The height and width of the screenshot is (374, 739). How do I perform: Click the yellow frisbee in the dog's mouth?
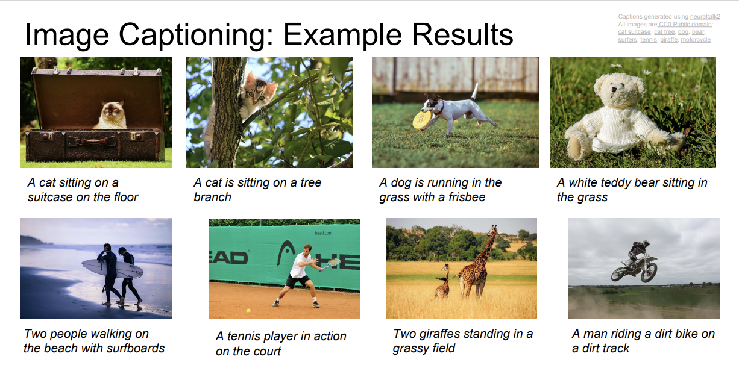[x=421, y=120]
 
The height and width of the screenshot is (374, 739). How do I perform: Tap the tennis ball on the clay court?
[x=248, y=310]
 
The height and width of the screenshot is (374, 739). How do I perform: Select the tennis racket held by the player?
[x=332, y=263]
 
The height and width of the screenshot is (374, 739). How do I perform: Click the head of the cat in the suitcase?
[x=113, y=110]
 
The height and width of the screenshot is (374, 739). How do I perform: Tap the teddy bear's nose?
[x=613, y=89]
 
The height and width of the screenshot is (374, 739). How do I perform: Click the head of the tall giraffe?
[x=493, y=229]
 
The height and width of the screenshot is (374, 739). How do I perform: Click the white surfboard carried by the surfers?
[x=113, y=269]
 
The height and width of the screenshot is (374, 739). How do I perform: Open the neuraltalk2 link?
[x=705, y=16]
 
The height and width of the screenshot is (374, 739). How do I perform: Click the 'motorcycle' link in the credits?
[x=696, y=40]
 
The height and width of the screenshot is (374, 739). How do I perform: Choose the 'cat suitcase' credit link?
[x=634, y=32]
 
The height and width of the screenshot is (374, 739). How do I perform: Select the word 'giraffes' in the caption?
[x=442, y=334]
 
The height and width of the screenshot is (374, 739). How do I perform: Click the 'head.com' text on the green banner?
[x=323, y=233]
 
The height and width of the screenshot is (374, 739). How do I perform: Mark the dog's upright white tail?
[x=475, y=92]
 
